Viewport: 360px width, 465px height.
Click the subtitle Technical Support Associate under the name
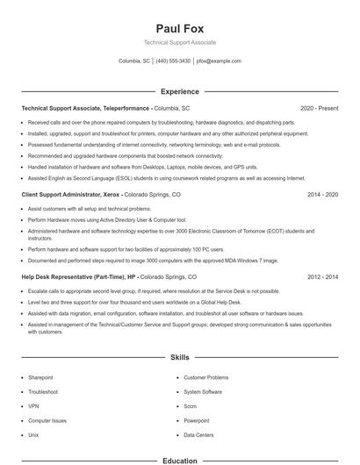pos(179,42)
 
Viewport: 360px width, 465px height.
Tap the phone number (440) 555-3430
pos(174,61)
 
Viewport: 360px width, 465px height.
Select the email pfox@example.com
pos(219,61)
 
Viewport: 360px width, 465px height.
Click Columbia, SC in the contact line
pos(133,61)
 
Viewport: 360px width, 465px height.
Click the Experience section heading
pos(179,91)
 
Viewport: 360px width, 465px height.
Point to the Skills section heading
pos(179,358)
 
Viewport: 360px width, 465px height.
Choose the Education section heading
pos(179,460)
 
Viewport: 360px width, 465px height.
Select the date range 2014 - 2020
pos(322,194)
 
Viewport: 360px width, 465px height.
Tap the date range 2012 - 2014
pos(322,276)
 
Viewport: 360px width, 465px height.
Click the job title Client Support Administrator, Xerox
pos(70,194)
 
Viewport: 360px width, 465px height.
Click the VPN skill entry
pos(33,406)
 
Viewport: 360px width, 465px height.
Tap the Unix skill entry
pos(33,434)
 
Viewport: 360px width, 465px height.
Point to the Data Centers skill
pos(199,434)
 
